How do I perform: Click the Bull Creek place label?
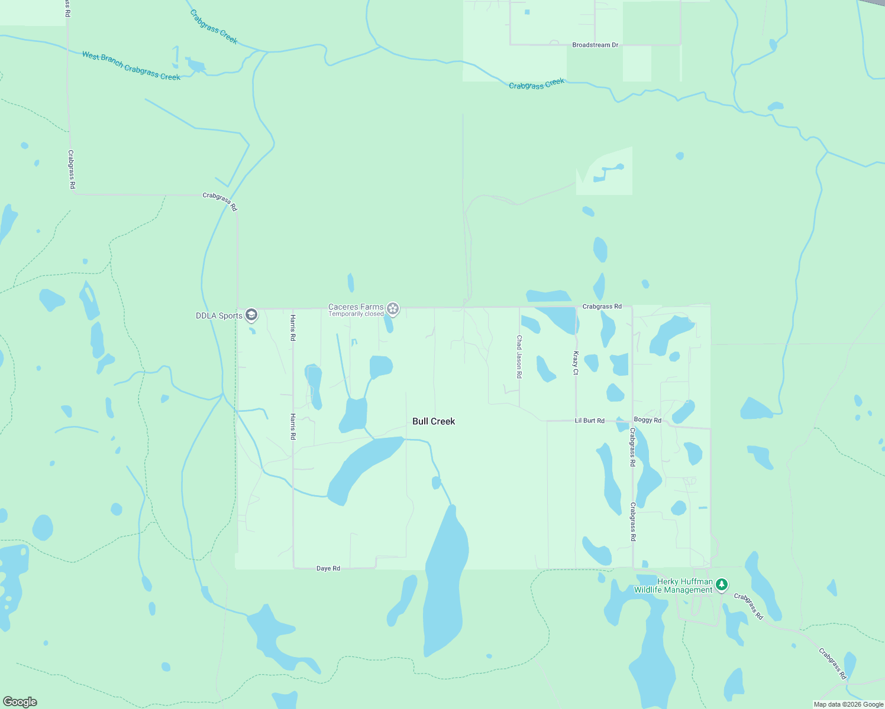434,421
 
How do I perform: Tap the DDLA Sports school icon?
251,315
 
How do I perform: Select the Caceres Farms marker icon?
393,308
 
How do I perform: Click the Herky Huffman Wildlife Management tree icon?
721,585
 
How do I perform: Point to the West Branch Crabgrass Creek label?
131,66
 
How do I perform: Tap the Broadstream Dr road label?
595,45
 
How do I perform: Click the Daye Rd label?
328,568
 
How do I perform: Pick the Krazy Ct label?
576,363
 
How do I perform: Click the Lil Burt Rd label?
590,421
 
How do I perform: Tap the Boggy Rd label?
647,420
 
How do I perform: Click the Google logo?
20,702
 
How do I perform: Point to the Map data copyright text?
848,704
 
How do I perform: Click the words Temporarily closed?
356,314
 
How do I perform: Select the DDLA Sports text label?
219,316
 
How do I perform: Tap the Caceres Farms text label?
356,307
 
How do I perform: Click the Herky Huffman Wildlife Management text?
674,586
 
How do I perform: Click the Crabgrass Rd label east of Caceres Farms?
602,307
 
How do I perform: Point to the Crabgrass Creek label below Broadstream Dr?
537,84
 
